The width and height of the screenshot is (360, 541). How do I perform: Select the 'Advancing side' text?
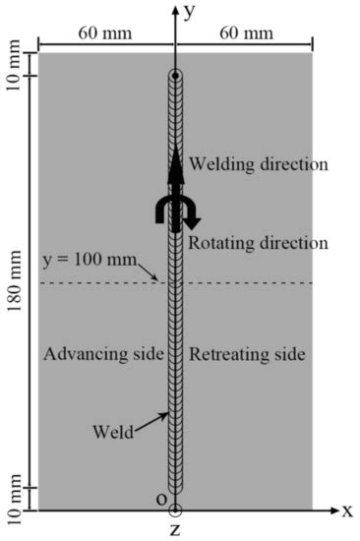pos(102,354)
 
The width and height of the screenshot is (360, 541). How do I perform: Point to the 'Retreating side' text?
pos(247,354)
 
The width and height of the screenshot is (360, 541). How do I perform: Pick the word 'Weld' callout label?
pos(111,432)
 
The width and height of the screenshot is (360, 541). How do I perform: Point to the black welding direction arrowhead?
pos(175,162)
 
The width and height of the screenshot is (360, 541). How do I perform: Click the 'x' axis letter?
pos(346,511)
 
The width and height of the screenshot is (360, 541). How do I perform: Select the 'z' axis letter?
pos(175,531)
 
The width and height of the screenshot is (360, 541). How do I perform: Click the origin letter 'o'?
pos(161,501)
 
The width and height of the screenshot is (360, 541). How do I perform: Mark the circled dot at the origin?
pos(175,511)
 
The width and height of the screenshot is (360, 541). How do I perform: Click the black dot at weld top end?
pos(175,76)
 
